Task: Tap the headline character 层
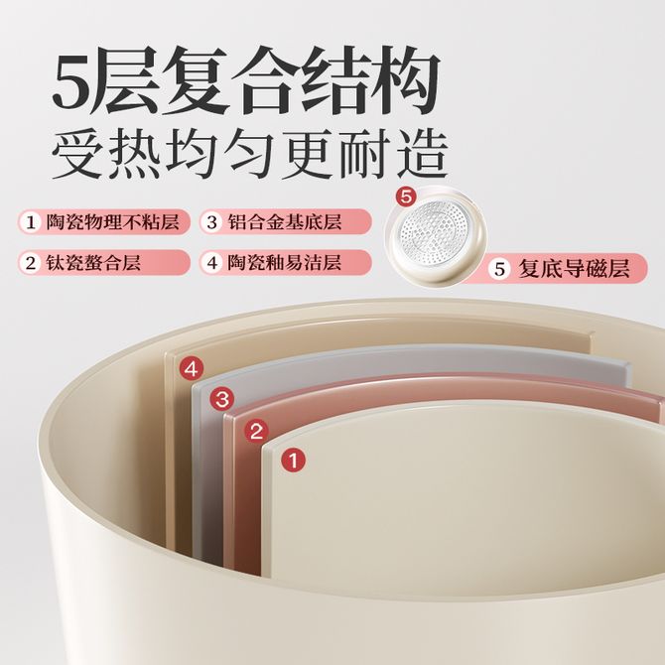(x=129, y=80)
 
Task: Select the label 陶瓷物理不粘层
(x=112, y=221)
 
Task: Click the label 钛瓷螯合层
(x=93, y=263)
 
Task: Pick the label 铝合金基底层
(x=285, y=221)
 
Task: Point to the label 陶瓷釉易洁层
(x=285, y=263)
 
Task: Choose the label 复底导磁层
(x=574, y=269)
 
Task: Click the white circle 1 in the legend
(x=31, y=221)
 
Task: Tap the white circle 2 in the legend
(x=31, y=263)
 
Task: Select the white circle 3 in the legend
(x=212, y=221)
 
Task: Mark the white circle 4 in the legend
(x=212, y=263)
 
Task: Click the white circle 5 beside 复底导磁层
(x=499, y=269)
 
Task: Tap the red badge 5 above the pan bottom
(x=406, y=198)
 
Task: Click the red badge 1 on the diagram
(x=293, y=461)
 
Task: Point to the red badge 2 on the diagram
(x=256, y=431)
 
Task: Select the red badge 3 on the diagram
(x=221, y=399)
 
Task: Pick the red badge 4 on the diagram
(x=192, y=368)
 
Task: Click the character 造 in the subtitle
(x=422, y=154)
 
